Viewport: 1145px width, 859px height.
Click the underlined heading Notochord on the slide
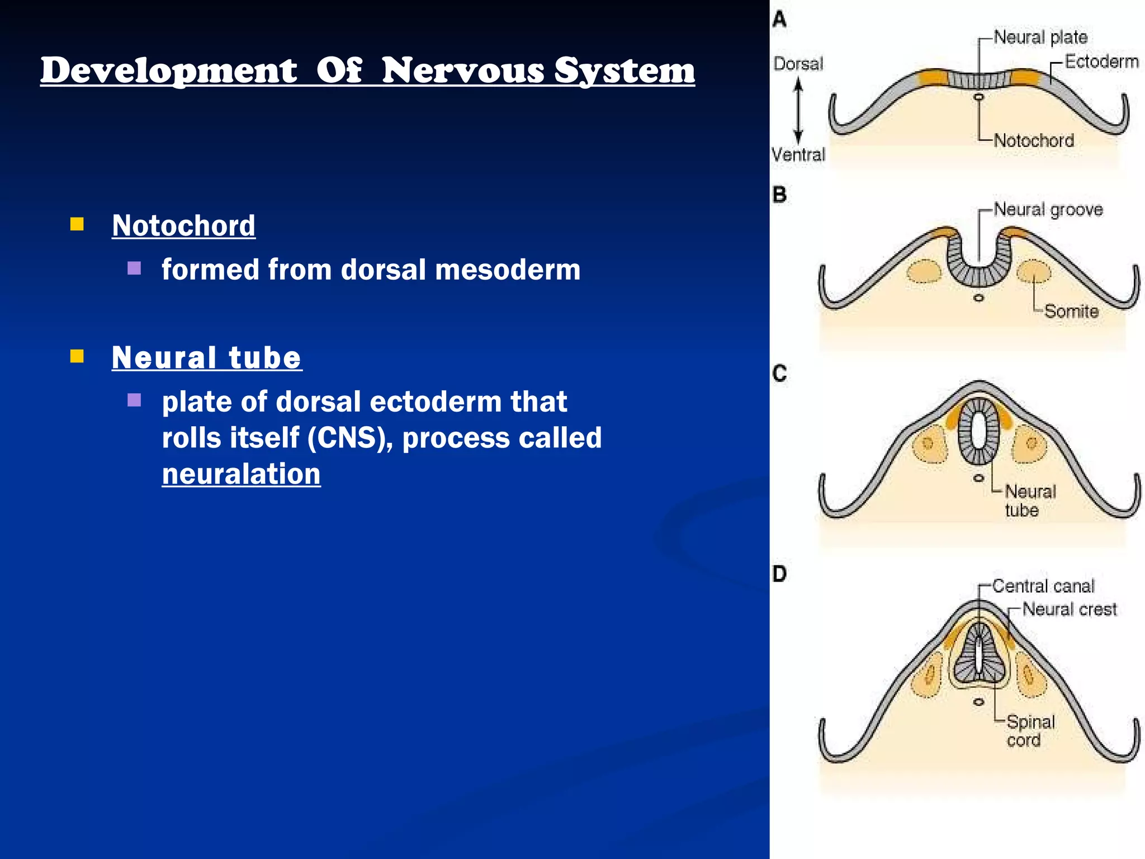183,226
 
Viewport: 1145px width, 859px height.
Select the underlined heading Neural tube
206,358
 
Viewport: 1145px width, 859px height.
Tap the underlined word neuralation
241,474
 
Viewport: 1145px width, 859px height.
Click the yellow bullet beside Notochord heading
77,225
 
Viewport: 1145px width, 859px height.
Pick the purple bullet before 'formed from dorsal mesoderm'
134,268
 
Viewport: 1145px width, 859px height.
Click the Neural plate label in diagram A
1040,37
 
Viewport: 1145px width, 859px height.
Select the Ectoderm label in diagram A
1101,62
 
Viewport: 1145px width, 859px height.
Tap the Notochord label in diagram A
1034,140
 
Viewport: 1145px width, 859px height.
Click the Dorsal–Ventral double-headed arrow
798,110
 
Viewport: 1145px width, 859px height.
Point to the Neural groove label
1048,210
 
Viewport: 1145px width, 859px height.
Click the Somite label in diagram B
1071,311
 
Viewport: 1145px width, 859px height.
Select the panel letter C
779,373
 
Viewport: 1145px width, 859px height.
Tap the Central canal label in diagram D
1043,586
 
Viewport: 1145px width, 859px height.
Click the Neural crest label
1069,609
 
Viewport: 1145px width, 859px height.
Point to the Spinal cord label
1030,731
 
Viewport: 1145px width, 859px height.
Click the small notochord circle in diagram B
978,298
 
